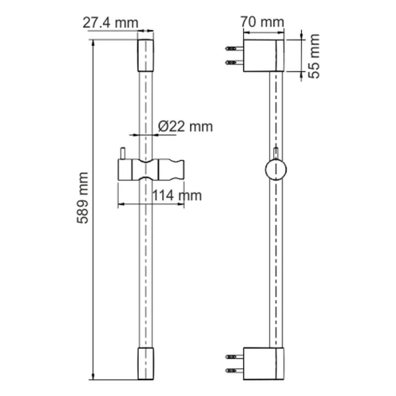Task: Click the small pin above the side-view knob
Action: tap(276, 153)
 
